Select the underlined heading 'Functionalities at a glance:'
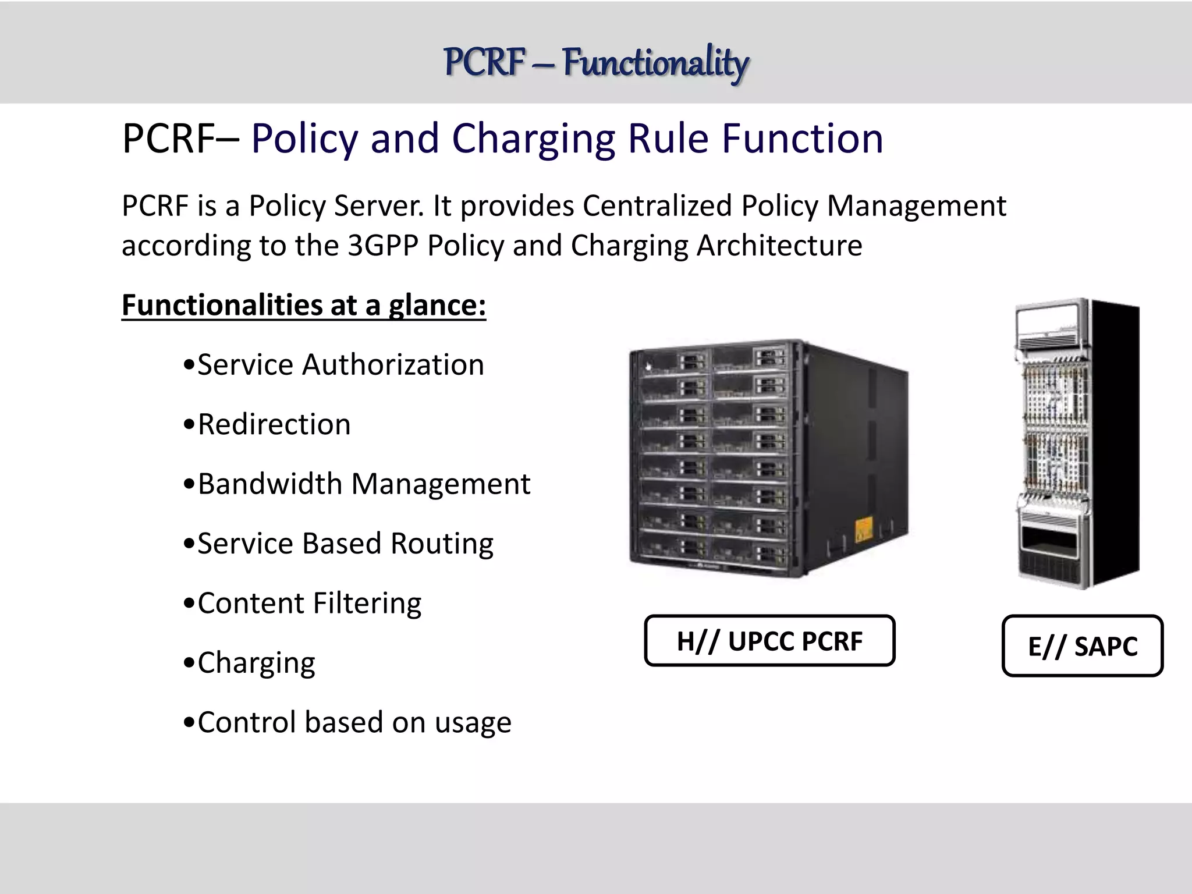[x=303, y=305]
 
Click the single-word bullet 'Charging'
[x=256, y=662]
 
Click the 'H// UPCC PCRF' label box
[x=769, y=641]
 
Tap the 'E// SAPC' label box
[x=1082, y=646]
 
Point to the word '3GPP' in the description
[x=383, y=246]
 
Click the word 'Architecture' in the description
[x=779, y=246]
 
